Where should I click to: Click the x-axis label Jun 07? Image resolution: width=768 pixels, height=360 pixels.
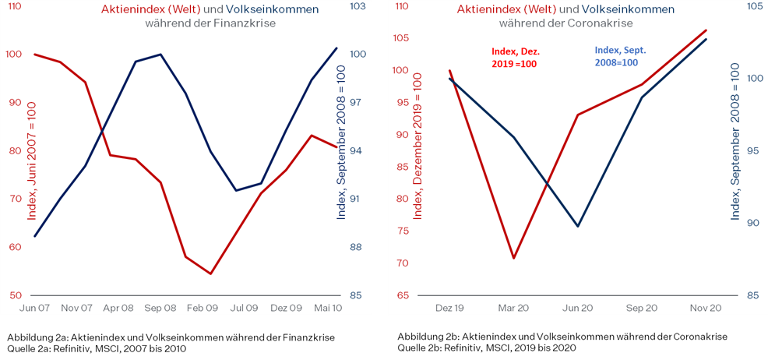(x=35, y=309)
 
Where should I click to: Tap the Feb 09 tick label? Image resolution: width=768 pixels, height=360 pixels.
(x=202, y=309)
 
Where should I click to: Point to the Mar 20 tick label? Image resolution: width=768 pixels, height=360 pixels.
(x=513, y=309)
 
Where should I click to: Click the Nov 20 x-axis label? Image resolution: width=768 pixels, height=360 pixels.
(x=706, y=309)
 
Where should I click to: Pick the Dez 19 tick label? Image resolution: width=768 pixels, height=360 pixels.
(x=449, y=309)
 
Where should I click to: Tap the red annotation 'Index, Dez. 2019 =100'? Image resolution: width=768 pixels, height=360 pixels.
(x=515, y=57)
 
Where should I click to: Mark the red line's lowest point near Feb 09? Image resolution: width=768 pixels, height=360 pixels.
(x=210, y=274)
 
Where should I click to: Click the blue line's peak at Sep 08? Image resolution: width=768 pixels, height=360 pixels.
(x=160, y=55)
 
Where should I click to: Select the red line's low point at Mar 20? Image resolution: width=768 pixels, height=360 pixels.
(x=514, y=258)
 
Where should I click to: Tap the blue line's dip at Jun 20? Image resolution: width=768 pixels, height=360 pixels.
(x=578, y=227)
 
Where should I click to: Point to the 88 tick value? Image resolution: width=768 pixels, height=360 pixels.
(x=357, y=247)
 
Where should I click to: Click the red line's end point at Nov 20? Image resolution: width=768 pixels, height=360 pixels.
(x=706, y=30)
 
